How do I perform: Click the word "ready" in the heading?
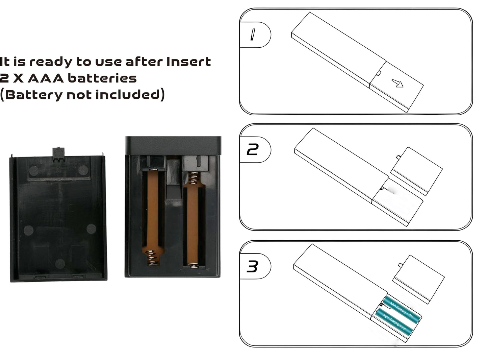(51, 62)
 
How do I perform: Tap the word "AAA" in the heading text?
(46, 78)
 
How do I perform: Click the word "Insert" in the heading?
(189, 62)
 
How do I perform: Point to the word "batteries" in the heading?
(102, 78)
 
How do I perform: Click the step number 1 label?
(253, 35)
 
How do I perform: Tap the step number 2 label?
(253, 149)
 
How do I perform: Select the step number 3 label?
(252, 266)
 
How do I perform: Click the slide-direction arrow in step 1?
(397, 83)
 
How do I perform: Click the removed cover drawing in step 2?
(416, 171)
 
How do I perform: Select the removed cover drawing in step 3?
(418, 279)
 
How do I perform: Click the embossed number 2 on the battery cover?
(58, 170)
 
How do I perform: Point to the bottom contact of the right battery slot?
(194, 266)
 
